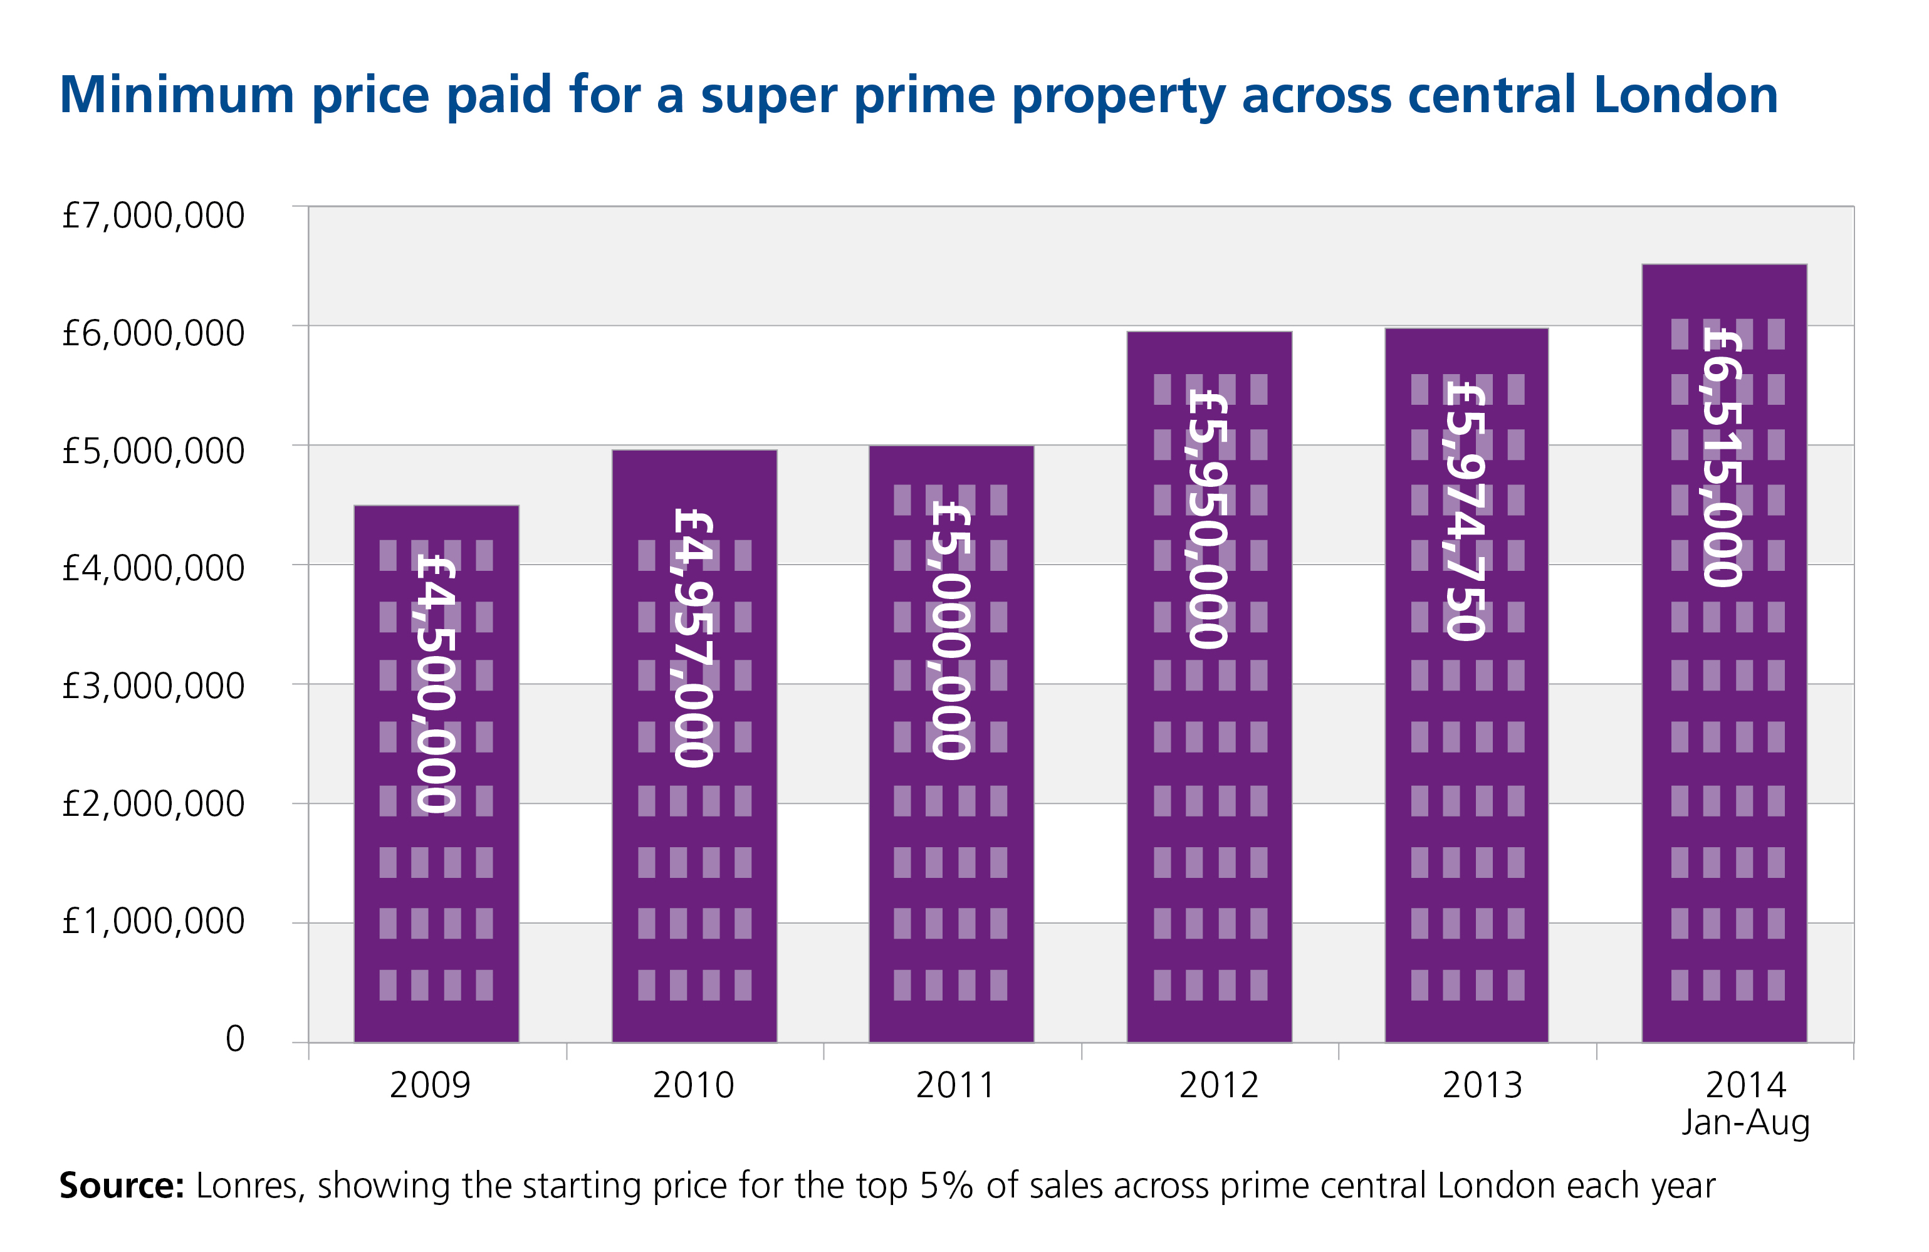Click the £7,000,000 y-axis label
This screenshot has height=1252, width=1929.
click(153, 216)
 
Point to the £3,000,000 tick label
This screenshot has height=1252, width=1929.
click(153, 686)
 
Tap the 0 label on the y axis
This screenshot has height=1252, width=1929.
click(235, 1039)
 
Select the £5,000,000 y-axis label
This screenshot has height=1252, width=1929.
click(153, 451)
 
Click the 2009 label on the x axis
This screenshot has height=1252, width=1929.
click(429, 1085)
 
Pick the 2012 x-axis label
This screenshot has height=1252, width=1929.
click(1218, 1085)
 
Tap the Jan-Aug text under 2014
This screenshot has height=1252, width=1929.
click(1745, 1122)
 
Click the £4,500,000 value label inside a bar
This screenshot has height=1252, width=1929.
click(436, 682)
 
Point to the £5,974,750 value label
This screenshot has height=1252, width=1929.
click(1466, 511)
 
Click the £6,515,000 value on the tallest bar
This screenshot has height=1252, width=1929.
click(1722, 456)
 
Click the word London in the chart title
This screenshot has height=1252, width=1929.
click(1686, 95)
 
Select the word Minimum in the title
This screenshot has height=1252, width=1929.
click(177, 95)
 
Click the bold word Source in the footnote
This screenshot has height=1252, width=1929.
click(122, 1186)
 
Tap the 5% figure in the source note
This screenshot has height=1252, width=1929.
click(946, 1186)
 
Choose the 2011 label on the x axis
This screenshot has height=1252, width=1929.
click(954, 1085)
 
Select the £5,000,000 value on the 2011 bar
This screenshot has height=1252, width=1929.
click(951, 630)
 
